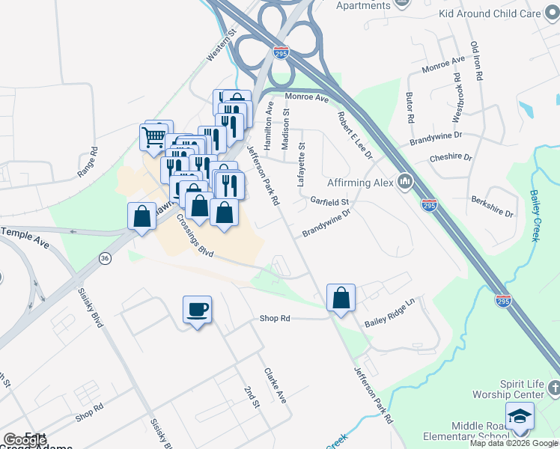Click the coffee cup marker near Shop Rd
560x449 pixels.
[198, 309]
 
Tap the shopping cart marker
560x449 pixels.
[153, 136]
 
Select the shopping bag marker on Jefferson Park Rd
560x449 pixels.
[341, 297]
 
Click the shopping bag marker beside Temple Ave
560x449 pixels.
[141, 216]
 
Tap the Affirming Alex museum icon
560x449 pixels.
[405, 182]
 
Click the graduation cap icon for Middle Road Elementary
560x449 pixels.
[519, 417]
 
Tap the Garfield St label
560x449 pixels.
[330, 201]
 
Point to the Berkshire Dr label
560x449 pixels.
[492, 207]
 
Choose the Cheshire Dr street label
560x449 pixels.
[451, 157]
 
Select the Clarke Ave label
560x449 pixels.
[275, 385]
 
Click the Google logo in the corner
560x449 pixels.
[25, 440]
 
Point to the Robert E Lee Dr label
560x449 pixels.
[355, 135]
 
